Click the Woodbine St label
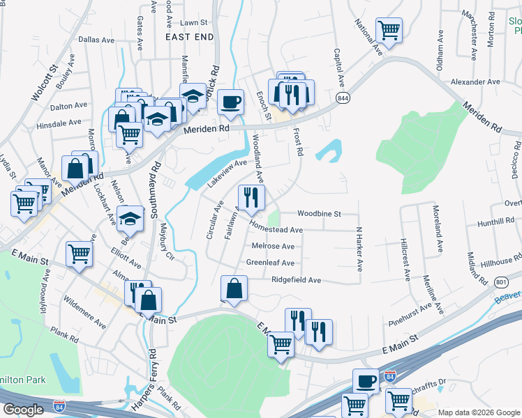click(318, 213)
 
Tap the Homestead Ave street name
click(276, 229)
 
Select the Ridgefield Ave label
click(296, 280)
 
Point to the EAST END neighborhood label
click(188, 36)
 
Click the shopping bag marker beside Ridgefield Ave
click(234, 288)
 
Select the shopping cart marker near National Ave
click(389, 30)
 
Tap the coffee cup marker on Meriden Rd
click(230, 102)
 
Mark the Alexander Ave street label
click(475, 82)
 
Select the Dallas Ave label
click(96, 40)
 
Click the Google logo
click(24, 410)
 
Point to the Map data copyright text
click(478, 412)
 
